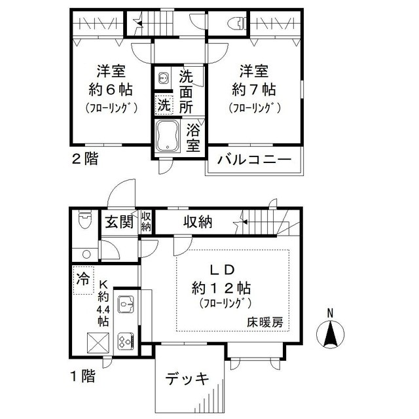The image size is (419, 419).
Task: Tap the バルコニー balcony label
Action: point(255,160)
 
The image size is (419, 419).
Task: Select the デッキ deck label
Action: point(187,378)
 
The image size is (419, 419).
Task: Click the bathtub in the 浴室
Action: point(168,135)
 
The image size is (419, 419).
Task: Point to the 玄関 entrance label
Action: point(118,222)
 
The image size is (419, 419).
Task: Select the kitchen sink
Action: point(125,306)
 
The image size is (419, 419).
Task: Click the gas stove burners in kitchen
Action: point(125,340)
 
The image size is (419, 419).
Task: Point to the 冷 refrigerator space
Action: point(83,278)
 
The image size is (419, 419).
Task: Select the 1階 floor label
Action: point(82,376)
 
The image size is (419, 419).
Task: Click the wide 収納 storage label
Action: point(197,223)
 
